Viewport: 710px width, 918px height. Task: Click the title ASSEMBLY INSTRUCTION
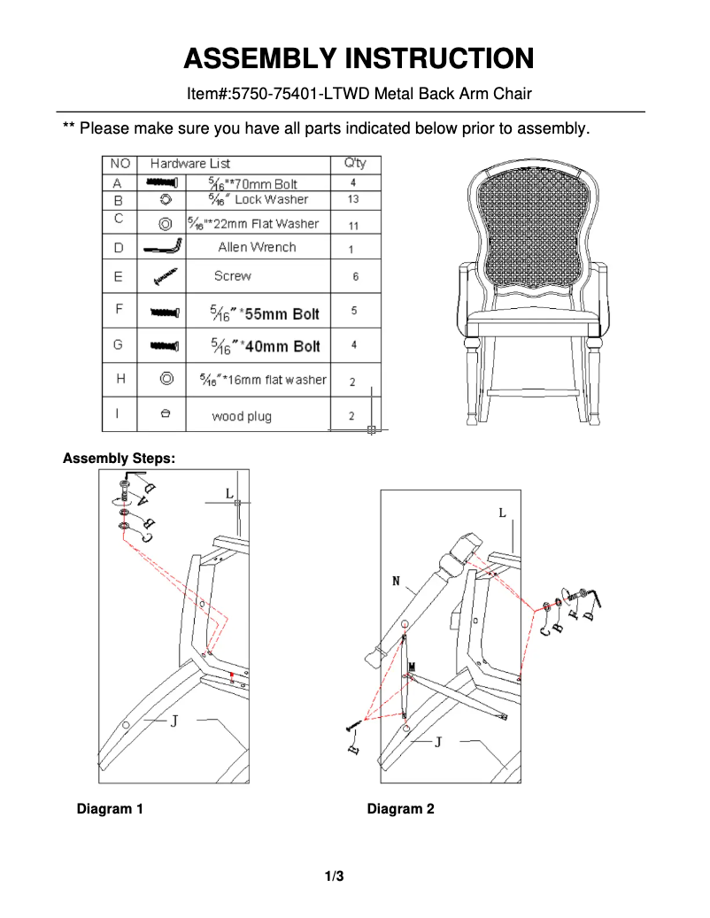click(x=359, y=58)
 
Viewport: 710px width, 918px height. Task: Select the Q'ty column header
click(x=354, y=163)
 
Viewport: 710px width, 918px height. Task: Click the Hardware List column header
click(x=189, y=163)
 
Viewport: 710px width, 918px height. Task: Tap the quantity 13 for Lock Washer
click(x=353, y=200)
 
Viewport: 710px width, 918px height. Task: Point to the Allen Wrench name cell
click(x=257, y=247)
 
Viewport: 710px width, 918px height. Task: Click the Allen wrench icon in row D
click(x=164, y=247)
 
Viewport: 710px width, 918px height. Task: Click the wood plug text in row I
click(x=241, y=416)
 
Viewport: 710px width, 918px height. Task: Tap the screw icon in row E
click(x=165, y=277)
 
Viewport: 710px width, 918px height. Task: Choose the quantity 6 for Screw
click(x=355, y=277)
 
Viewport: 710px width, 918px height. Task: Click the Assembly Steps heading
click(x=119, y=459)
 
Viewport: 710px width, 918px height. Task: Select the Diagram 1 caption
click(x=110, y=808)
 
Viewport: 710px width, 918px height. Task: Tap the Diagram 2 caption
click(x=400, y=808)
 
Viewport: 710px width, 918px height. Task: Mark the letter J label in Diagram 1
click(x=174, y=721)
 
